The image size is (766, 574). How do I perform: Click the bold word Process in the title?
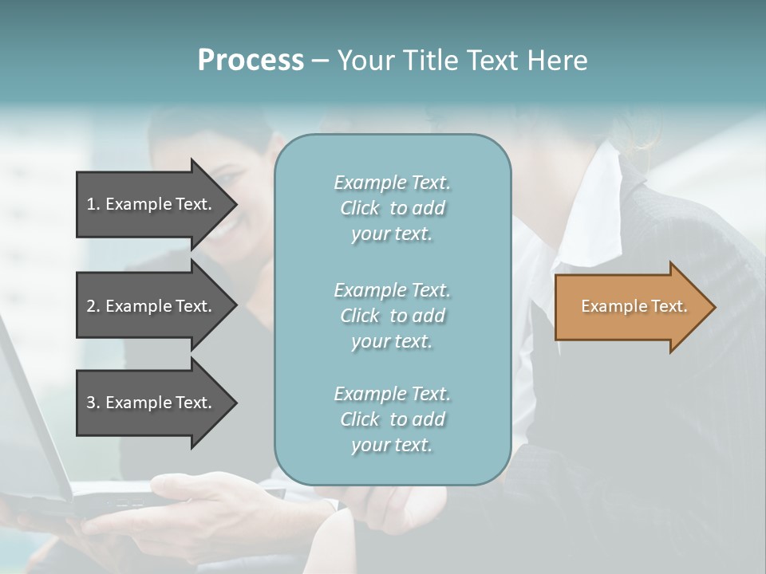(251, 61)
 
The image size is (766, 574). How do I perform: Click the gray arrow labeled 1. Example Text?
(152, 204)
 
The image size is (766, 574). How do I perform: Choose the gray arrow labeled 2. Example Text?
(152, 306)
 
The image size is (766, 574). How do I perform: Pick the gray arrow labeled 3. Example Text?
(152, 403)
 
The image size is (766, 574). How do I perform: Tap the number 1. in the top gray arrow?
(93, 204)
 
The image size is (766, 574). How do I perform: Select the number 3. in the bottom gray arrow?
(93, 403)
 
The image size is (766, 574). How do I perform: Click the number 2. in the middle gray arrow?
(93, 306)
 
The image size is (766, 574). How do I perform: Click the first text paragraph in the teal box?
(392, 208)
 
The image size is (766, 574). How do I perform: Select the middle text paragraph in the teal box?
(392, 315)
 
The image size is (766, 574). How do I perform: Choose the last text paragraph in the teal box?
(392, 419)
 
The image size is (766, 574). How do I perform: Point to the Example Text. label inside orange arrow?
(634, 306)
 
